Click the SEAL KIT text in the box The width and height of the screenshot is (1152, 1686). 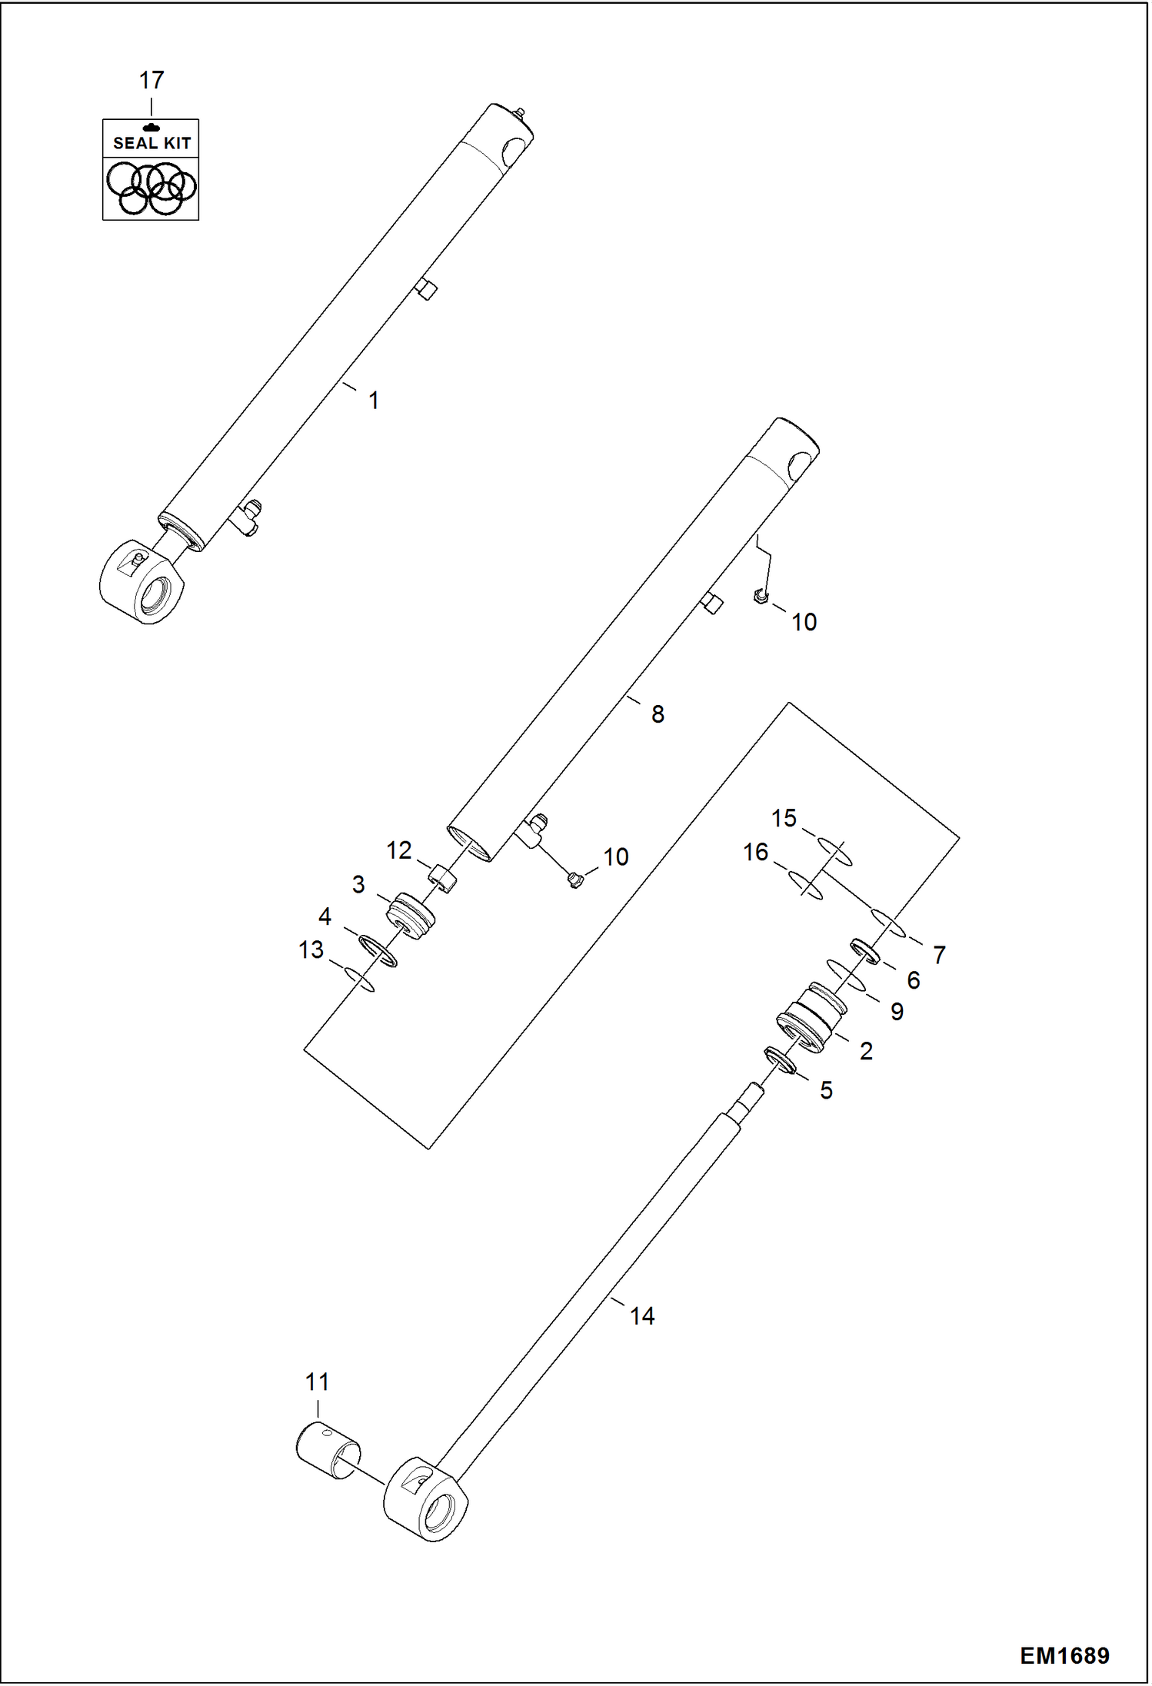pos(151,142)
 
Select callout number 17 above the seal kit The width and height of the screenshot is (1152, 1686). pos(151,80)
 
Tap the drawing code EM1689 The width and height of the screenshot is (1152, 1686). pos(1064,1655)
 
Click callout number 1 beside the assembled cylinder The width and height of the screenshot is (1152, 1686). pos(373,401)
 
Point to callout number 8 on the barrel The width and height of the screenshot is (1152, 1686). pos(658,714)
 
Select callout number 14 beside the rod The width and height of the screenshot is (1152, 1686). pos(642,1316)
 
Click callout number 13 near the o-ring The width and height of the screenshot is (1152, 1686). pos(311,950)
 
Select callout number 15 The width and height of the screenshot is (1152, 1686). pos(784,818)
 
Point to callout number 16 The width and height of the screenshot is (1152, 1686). pos(755,852)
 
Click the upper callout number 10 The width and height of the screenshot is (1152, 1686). pos(804,622)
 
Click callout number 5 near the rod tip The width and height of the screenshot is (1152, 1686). pos(826,1090)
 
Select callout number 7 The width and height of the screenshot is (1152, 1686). pos(939,955)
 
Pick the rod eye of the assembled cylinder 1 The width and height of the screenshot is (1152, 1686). pos(142,583)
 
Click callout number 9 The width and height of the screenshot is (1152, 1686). pos(897,1012)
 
